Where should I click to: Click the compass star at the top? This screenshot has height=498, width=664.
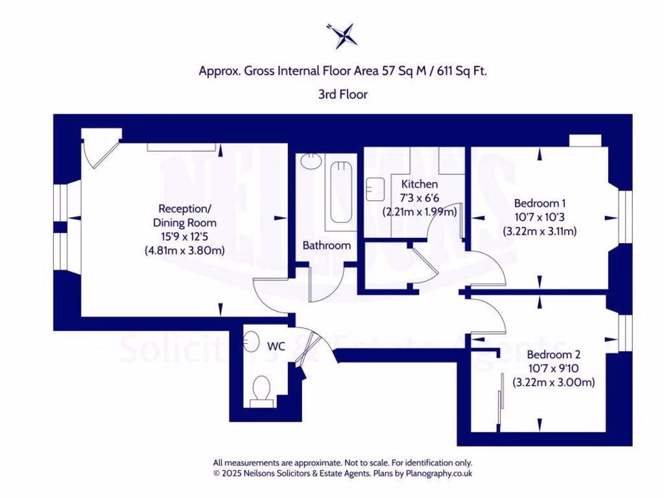point(342,35)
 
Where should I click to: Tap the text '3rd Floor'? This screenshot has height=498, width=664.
point(342,94)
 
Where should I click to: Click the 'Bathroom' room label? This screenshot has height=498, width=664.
point(327,245)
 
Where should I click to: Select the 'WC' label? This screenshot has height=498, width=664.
point(276,346)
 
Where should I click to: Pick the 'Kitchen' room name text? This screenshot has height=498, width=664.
point(419,184)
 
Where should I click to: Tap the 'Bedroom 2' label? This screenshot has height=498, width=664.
point(553,355)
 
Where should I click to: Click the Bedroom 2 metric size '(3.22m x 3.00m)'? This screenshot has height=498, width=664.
point(553,383)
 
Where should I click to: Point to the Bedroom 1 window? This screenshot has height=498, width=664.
point(625,217)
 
